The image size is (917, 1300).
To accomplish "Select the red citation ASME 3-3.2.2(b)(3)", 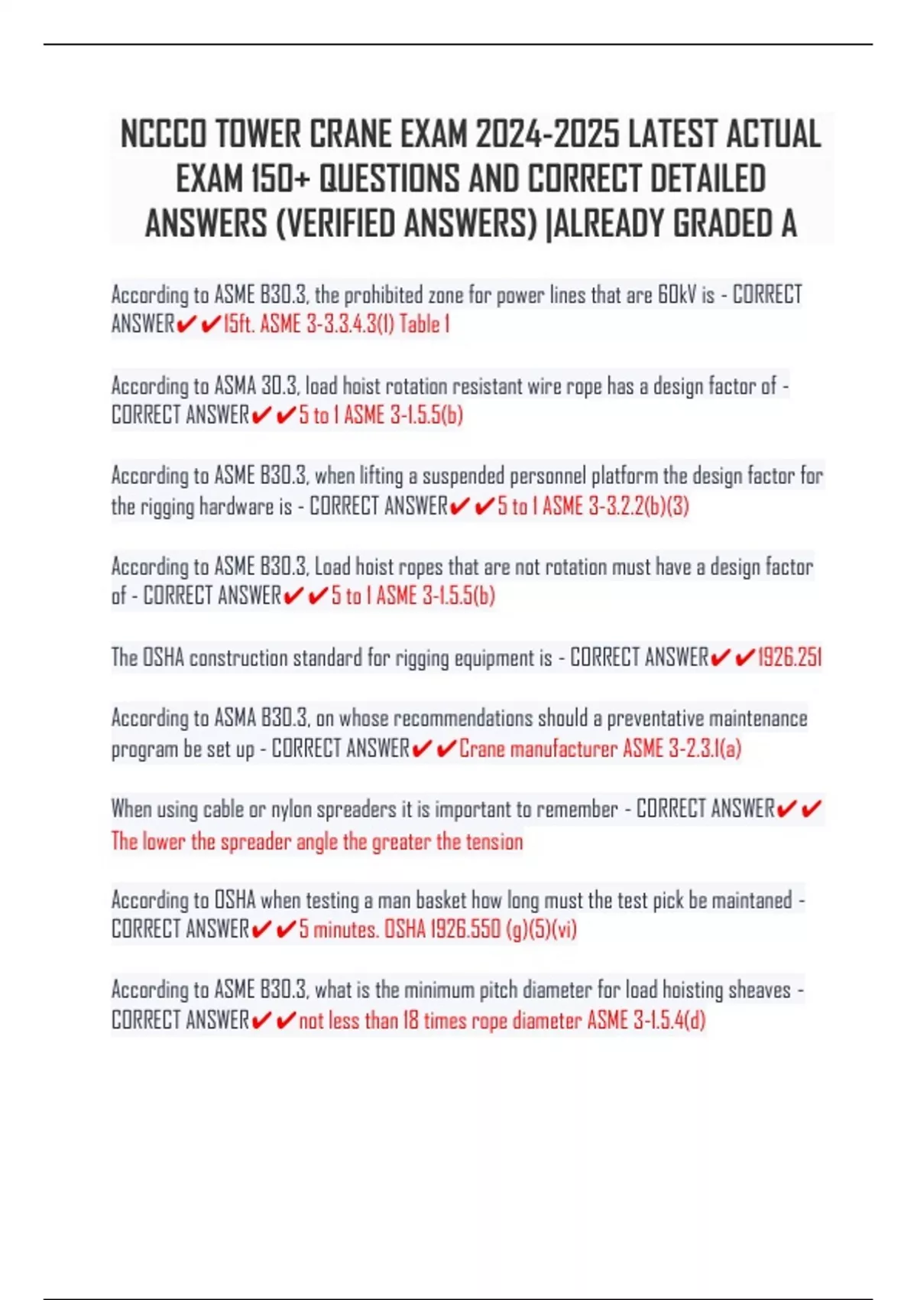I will pyautogui.click(x=615, y=506).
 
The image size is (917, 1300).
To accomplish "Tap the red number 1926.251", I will pyautogui.click(x=789, y=658).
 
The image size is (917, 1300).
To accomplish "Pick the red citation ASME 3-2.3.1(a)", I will pyautogui.click(x=682, y=749).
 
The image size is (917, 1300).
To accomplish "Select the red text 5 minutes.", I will pyautogui.click(x=339, y=929).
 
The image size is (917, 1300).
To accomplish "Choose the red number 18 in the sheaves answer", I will pyautogui.click(x=410, y=1020).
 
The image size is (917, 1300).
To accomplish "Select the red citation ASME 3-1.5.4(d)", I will pyautogui.click(x=646, y=1020).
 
